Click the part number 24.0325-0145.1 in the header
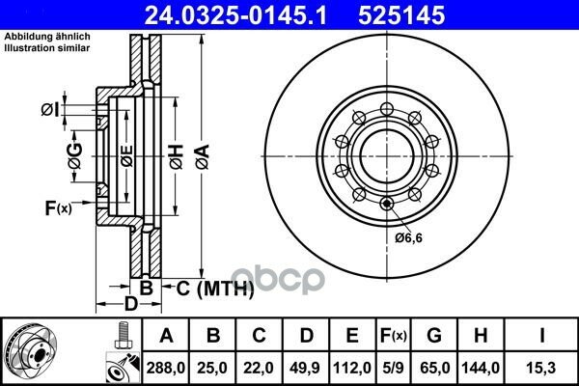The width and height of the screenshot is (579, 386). pyautogui.click(x=235, y=15)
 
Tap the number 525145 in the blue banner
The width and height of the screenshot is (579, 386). pyautogui.click(x=401, y=15)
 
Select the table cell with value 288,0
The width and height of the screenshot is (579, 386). pyautogui.click(x=165, y=368)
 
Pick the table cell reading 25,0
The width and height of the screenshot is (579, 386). pyautogui.click(x=212, y=368)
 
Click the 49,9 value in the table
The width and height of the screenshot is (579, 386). pyautogui.click(x=305, y=368)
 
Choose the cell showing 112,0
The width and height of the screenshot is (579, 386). pyautogui.click(x=352, y=368)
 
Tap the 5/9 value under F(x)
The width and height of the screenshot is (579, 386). pyautogui.click(x=393, y=368)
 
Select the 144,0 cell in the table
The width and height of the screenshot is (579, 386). pyautogui.click(x=481, y=368)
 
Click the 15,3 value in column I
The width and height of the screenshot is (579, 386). pyautogui.click(x=541, y=368)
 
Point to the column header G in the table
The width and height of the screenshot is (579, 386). pyautogui.click(x=434, y=336)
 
